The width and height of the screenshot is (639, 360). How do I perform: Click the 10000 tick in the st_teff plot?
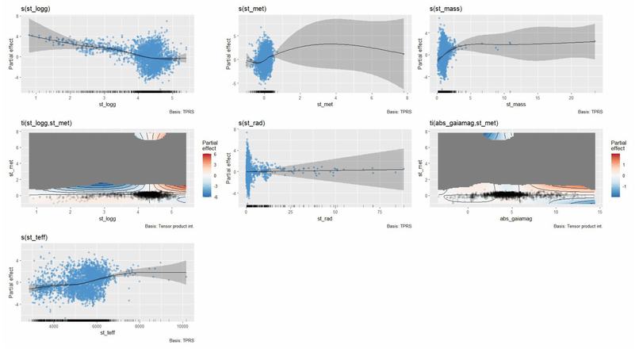tap(181, 326)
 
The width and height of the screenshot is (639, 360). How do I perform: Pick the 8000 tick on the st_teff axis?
tap(139, 326)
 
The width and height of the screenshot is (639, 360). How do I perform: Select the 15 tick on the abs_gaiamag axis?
tap(599, 212)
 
